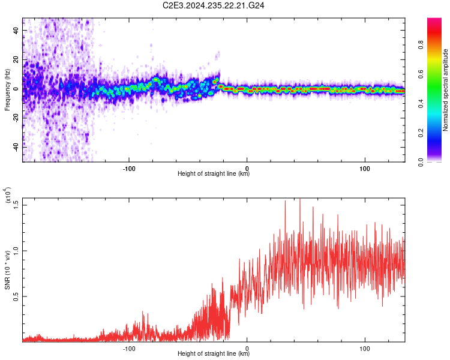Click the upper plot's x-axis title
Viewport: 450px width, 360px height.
[214, 174]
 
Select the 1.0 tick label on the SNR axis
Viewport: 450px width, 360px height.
[16, 251]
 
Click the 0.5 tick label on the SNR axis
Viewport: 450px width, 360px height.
[16, 296]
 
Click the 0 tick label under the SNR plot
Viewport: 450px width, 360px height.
[247, 347]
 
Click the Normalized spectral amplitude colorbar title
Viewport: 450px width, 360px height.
[446, 90]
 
